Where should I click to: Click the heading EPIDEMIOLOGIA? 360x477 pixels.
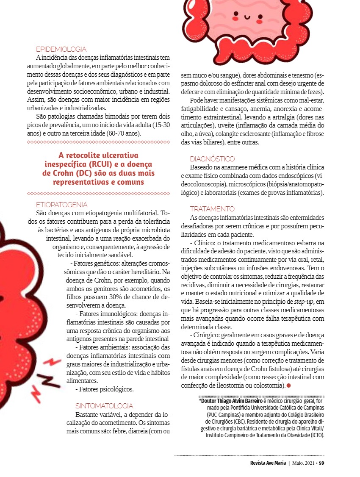(61, 49)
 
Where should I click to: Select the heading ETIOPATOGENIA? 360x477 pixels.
(62, 205)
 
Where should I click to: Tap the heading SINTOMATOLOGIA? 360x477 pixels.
(104, 405)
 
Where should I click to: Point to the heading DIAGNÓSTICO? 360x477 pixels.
(212, 159)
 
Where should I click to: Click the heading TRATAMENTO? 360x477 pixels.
(212, 209)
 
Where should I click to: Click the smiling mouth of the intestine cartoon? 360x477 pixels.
(248, 19)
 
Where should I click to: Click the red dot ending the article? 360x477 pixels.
(288, 385)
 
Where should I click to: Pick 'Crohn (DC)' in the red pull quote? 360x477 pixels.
(75, 173)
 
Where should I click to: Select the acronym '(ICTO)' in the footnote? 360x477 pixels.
(315, 435)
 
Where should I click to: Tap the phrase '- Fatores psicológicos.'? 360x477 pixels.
(104, 388)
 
